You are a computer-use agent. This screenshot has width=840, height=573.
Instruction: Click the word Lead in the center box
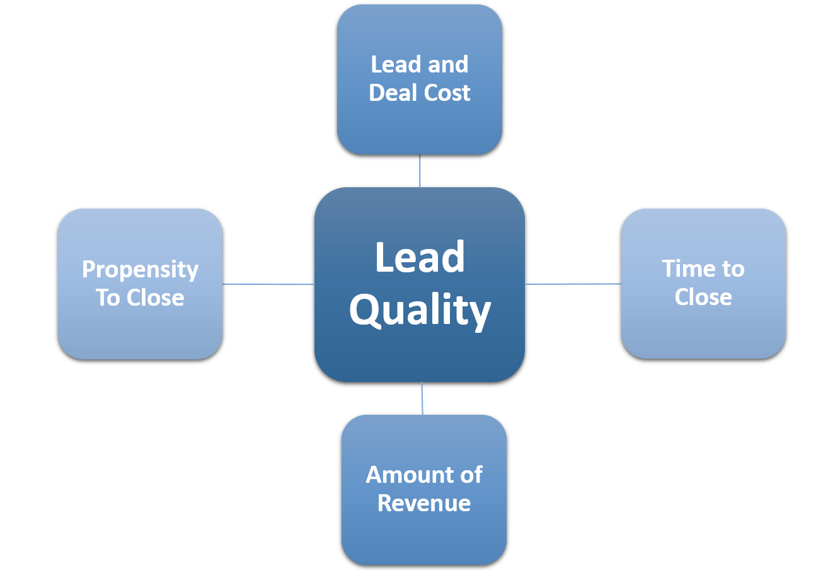[420, 257]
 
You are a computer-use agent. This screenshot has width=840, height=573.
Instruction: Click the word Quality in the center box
[420, 310]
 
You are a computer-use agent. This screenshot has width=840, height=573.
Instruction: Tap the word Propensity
[140, 270]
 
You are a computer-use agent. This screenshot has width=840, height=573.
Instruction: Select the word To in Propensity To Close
[108, 298]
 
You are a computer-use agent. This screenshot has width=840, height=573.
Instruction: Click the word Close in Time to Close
[703, 296]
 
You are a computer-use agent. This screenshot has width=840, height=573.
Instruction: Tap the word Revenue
[424, 503]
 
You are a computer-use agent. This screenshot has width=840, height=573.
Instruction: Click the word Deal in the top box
[391, 93]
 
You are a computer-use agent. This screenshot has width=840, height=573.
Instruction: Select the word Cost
[446, 93]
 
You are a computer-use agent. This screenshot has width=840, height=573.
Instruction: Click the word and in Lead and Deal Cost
[447, 64]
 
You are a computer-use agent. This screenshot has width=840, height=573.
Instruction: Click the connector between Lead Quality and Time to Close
[573, 284]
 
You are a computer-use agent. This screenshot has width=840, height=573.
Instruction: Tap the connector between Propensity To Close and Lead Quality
[268, 284]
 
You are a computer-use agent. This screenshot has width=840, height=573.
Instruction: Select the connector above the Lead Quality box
[420, 171]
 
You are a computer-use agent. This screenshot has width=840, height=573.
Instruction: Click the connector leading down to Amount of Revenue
[422, 398]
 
